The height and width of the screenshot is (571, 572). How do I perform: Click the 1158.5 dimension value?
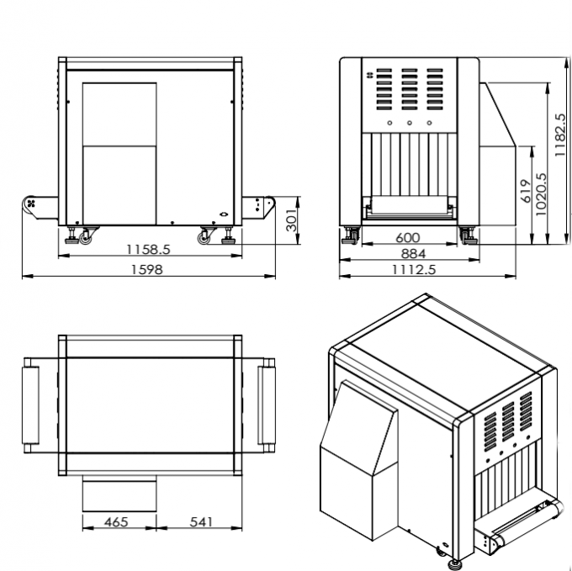point(148,250)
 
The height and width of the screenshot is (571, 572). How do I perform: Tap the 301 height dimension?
point(290,219)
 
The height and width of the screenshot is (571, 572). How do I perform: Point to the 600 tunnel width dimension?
point(408,238)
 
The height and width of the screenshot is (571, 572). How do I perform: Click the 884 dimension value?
point(411,254)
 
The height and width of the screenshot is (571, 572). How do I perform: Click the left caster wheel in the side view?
point(86,239)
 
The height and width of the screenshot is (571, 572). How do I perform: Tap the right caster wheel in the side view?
point(204,239)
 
